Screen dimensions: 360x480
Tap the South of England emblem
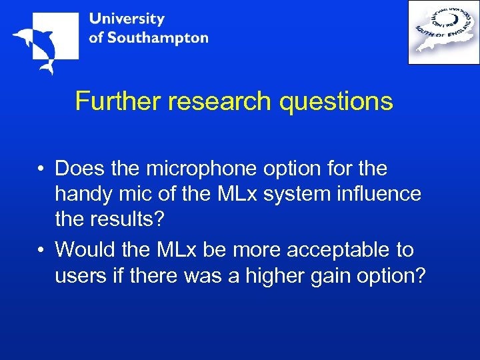443,32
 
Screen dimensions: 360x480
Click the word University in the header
126,19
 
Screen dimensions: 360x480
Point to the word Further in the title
118,101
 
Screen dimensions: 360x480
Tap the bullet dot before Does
41,169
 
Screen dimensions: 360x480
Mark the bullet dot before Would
41,251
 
